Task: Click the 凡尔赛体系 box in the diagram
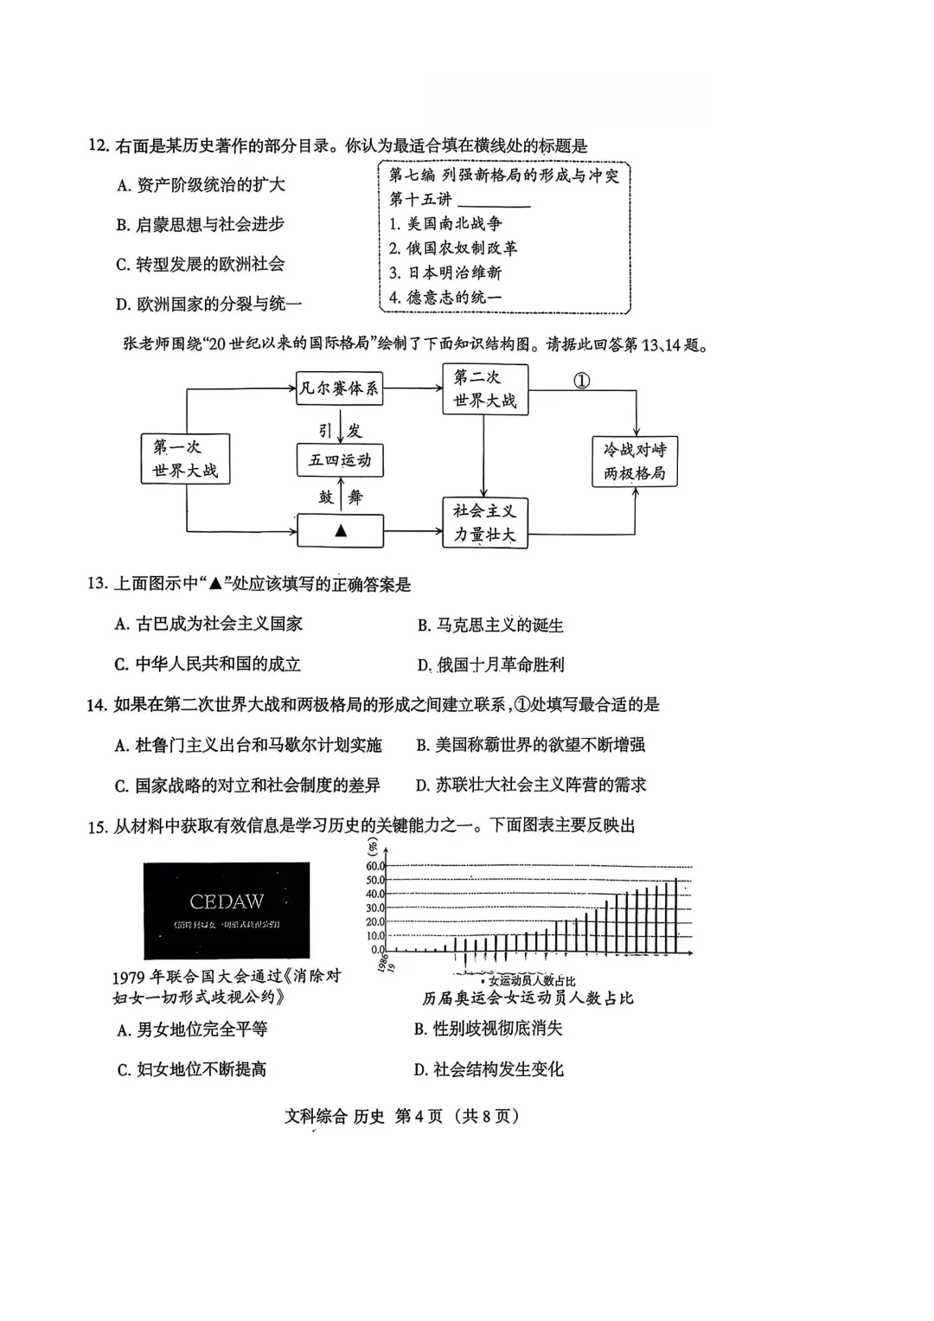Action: (339, 389)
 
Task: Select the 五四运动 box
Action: (339, 460)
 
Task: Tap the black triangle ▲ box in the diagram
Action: (340, 530)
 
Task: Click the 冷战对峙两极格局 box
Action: (635, 461)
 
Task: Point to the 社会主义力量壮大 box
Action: (484, 523)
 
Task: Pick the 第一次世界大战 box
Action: (185, 459)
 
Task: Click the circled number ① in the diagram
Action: (582, 381)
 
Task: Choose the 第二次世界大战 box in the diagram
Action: (484, 389)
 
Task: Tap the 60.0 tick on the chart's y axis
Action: (374, 867)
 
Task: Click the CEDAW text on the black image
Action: (227, 902)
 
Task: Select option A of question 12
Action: (201, 185)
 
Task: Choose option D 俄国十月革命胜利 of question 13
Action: (490, 665)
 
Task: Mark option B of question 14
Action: (530, 745)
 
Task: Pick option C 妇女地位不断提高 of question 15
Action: (192, 1069)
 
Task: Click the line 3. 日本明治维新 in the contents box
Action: (445, 273)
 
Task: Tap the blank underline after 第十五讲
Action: (493, 202)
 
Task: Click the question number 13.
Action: (97, 584)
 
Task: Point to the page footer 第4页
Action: (419, 1116)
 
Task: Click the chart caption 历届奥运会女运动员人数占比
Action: (528, 998)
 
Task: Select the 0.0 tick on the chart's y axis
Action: (377, 950)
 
